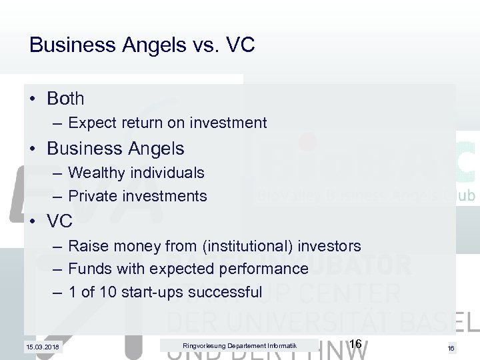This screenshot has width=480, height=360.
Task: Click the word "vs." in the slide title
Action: click(x=209, y=45)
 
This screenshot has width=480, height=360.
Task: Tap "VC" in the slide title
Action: click(x=241, y=45)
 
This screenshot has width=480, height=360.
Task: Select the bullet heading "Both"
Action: click(x=65, y=99)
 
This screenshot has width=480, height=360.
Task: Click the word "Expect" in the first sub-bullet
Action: click(x=91, y=123)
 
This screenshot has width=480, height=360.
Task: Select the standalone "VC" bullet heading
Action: click(x=60, y=221)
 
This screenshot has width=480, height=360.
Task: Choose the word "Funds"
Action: click(x=87, y=269)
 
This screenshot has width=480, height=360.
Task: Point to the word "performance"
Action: click(x=267, y=269)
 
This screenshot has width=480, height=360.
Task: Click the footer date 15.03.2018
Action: click(x=41, y=347)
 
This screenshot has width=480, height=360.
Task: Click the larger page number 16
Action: click(x=355, y=343)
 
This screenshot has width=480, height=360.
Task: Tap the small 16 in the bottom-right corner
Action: click(x=451, y=348)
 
